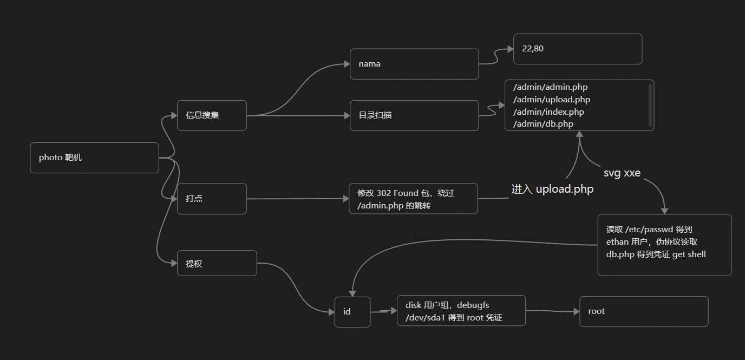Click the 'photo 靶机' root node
94,158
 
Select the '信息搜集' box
212,115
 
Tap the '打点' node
212,199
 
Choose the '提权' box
217,263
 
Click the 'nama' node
414,64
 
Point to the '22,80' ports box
578,49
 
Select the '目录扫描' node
414,115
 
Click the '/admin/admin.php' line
550,87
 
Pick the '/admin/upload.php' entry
552,100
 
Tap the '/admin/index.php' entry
548,112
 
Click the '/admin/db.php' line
543,124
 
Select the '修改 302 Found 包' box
413,199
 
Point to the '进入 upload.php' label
552,189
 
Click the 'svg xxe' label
622,173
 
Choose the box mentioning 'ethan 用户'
664,245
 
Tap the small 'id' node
352,312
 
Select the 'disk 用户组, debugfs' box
461,311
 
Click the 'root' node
644,311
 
